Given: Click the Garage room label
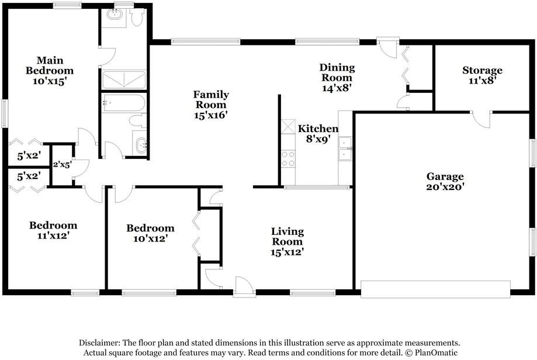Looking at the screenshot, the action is pyautogui.click(x=445, y=182).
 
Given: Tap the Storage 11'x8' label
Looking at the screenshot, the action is pyautogui.click(x=482, y=75).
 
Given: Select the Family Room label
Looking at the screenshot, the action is pyautogui.click(x=211, y=105).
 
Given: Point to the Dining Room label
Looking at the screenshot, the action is pyautogui.click(x=337, y=77).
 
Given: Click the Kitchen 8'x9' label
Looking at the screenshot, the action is pyautogui.click(x=318, y=134).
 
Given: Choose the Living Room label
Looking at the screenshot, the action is pyautogui.click(x=287, y=241).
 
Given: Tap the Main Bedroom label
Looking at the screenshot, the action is pyautogui.click(x=50, y=71).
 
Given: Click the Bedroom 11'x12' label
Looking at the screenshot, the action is pyautogui.click(x=53, y=230).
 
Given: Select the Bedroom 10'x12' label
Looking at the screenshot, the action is pyautogui.click(x=150, y=233).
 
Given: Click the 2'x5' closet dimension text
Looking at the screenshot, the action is pyautogui.click(x=62, y=165).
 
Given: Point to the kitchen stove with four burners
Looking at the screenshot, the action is pyautogui.click(x=288, y=158).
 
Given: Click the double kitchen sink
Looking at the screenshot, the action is pyautogui.click(x=345, y=148).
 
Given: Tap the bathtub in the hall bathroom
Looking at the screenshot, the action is pyautogui.click(x=123, y=103).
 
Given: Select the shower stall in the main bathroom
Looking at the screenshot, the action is pyautogui.click(x=124, y=80).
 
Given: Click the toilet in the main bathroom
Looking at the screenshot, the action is pyautogui.click(x=137, y=18).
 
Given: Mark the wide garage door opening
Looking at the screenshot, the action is pyautogui.click(x=436, y=289).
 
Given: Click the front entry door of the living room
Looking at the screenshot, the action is pyautogui.click(x=244, y=286).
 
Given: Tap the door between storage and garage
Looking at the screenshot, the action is pyautogui.click(x=481, y=119).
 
